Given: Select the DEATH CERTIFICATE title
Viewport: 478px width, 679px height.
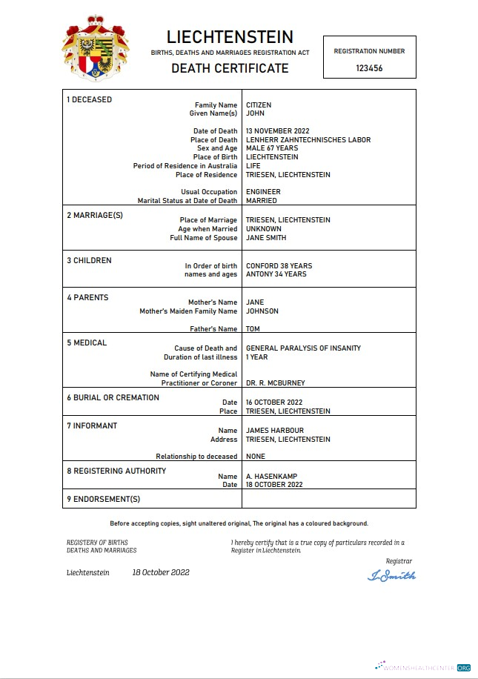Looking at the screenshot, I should (230, 68).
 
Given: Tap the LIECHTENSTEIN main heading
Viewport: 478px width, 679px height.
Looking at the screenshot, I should (230, 37).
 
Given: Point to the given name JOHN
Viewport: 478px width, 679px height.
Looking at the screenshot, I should (255, 113).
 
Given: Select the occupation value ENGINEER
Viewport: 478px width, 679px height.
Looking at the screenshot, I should (263, 192).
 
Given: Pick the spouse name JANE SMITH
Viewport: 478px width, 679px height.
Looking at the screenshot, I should (266, 238).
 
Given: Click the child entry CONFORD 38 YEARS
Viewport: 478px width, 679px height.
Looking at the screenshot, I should (279, 266).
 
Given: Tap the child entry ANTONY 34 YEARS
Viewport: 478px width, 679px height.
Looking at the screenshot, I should (276, 274).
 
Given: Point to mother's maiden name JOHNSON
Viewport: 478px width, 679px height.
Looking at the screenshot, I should (262, 311).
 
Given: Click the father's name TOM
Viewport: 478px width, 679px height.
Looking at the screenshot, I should (253, 329).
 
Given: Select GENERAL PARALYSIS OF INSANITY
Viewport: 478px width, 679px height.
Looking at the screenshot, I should (303, 348).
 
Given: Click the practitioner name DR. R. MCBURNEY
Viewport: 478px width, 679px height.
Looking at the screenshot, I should (275, 383).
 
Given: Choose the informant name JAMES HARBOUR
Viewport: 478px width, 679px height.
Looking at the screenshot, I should (275, 431).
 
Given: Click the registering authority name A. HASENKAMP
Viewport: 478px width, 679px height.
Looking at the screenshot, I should (272, 477).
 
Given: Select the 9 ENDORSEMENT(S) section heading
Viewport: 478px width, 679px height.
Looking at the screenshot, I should (103, 499).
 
